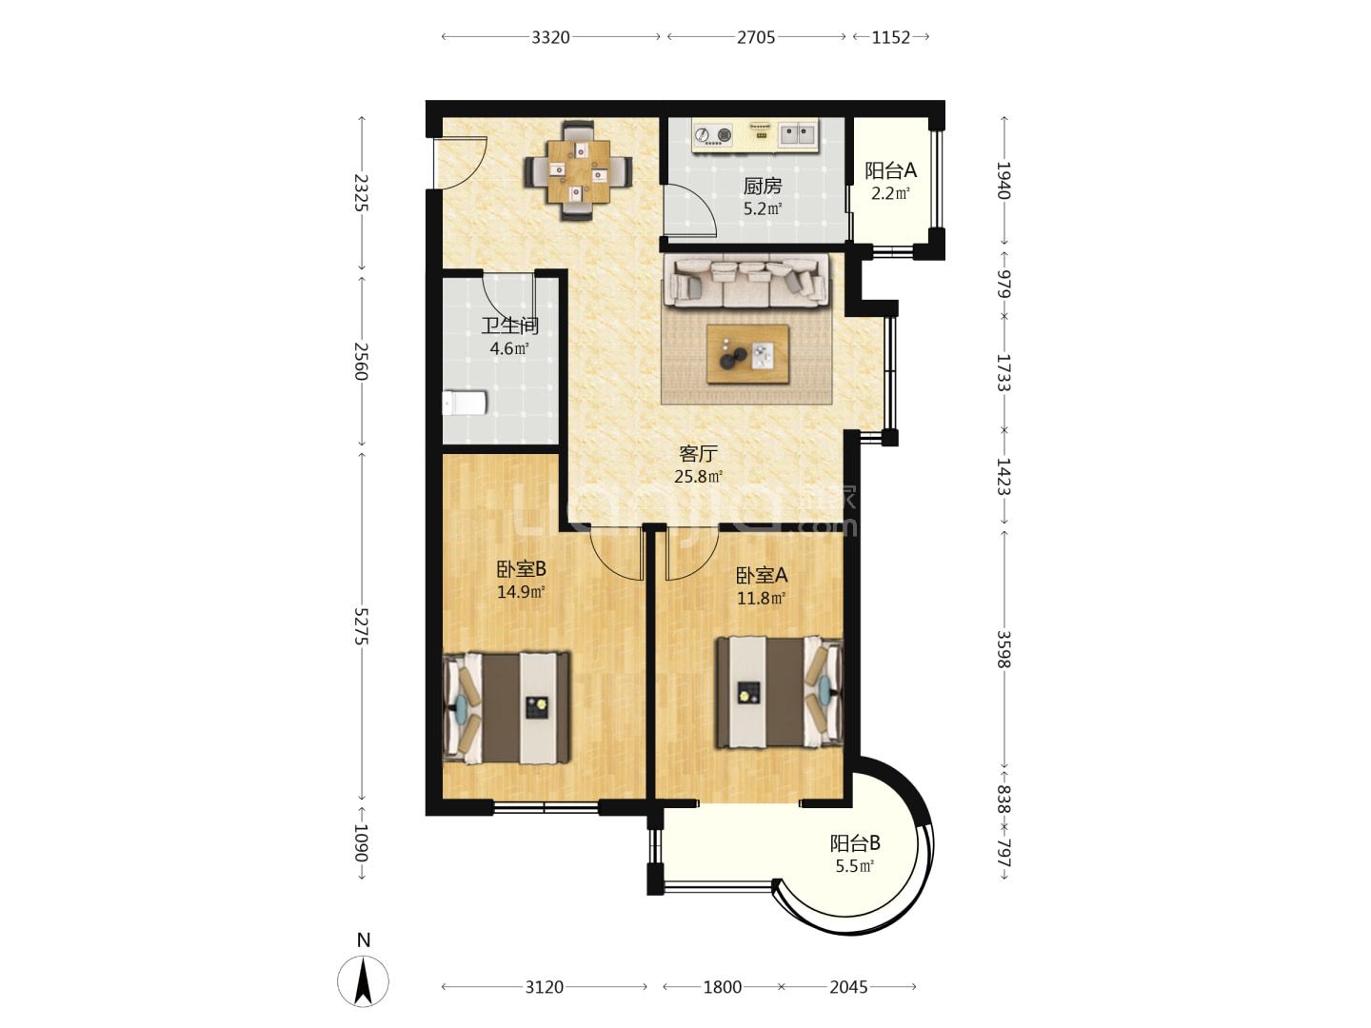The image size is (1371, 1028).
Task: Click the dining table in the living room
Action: tap(578, 171)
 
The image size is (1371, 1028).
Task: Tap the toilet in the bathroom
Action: tap(464, 403)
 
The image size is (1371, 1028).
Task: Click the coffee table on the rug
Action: tap(747, 354)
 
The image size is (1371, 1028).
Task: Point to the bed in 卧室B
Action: tap(507, 707)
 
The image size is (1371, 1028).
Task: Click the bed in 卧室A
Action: tap(780, 692)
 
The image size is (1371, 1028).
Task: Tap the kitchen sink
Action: tap(798, 135)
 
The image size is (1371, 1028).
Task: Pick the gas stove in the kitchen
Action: tap(713, 134)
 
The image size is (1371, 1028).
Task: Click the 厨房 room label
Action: tap(762, 186)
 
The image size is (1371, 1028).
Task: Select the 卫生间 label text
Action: tap(509, 326)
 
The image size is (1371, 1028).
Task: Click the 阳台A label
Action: tap(891, 170)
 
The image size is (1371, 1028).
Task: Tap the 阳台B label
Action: tap(854, 843)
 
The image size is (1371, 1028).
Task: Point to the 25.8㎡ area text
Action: tap(698, 477)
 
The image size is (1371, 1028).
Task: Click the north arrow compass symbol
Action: tap(363, 980)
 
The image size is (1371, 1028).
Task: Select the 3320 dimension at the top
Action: tap(550, 37)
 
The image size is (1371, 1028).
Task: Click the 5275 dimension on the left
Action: tap(362, 626)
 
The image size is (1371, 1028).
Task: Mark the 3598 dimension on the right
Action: tap(1003, 649)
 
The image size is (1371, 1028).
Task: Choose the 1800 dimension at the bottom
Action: tap(723, 987)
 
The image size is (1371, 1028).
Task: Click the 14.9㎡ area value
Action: tap(521, 591)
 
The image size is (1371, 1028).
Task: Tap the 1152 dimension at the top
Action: tap(891, 37)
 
